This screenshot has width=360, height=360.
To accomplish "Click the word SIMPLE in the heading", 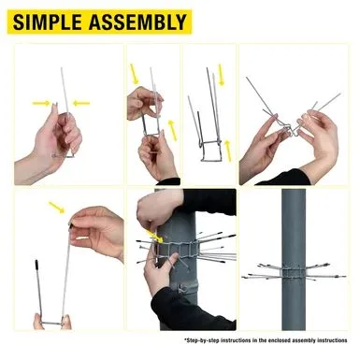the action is [x=47, y=22].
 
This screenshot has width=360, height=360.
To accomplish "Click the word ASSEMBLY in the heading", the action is [x=137, y=22].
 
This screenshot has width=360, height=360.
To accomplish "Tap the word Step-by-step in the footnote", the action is [x=202, y=340].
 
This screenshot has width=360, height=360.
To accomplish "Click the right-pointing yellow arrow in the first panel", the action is [x=41, y=103].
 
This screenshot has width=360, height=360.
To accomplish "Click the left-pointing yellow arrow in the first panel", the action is [x=81, y=103].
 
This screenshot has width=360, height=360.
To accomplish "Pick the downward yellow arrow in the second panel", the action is [x=135, y=74].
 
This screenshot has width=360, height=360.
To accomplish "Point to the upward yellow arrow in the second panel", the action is [x=172, y=130].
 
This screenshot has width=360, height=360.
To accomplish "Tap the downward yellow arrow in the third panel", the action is [x=221, y=75].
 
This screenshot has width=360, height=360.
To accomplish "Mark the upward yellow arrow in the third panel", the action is [x=228, y=151].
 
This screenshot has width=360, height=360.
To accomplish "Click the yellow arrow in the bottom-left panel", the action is [x=56, y=208].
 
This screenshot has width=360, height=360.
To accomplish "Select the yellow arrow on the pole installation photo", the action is [x=155, y=236].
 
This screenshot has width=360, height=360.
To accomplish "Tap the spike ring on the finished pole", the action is [x=294, y=271].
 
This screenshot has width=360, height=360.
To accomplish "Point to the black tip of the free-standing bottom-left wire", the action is [x=36, y=265].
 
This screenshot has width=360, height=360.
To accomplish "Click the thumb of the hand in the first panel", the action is [x=55, y=114].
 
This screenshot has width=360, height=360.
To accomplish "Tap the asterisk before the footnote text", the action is [x=185, y=339].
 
